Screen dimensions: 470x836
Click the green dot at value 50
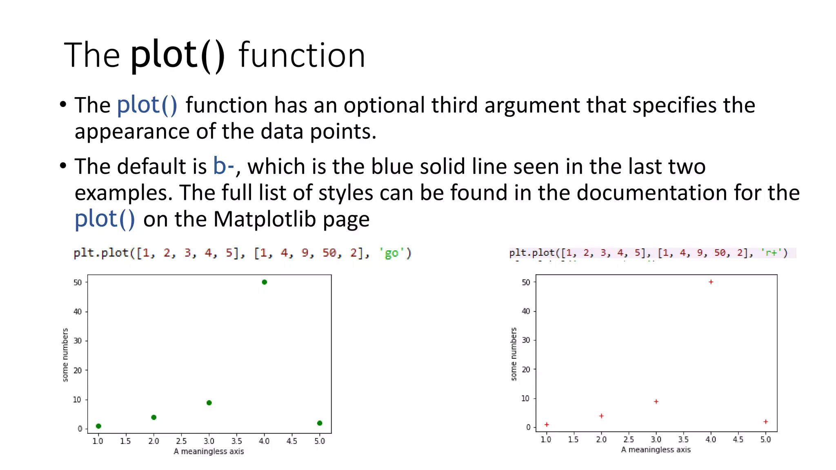[264, 282]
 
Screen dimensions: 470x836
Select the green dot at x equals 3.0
[209, 403]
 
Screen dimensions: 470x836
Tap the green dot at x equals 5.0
[320, 423]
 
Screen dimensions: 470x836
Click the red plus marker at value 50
[711, 282]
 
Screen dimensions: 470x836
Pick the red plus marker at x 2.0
[601, 416]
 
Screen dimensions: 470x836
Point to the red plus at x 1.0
[547, 424]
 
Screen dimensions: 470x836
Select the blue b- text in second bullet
[223, 166]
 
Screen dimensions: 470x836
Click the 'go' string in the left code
[391, 253]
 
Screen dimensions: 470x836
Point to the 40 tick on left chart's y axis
[78, 312]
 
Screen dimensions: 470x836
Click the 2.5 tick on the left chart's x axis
[181, 441]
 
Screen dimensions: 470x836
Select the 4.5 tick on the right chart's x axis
[738, 439]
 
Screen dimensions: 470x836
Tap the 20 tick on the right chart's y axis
[526, 369]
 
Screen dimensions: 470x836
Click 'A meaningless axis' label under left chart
[209, 451]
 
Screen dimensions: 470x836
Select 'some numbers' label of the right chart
[514, 354]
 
